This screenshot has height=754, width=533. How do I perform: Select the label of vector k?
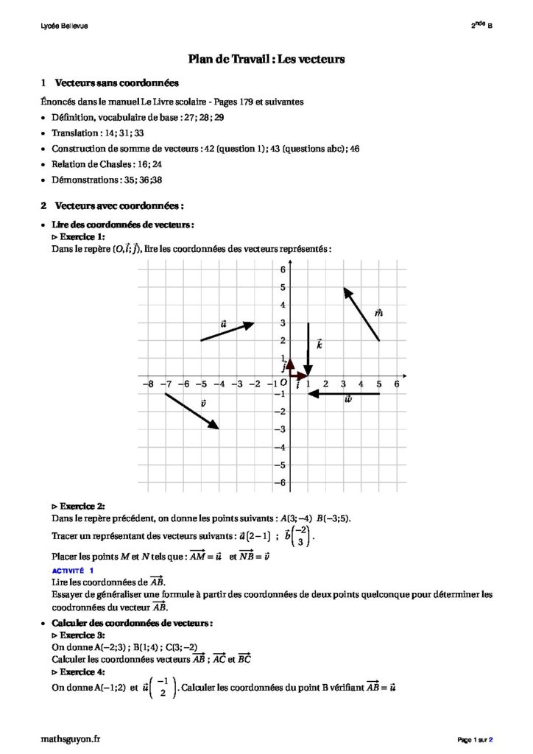coord(320,344)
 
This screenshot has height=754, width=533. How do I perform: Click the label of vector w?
coord(348,399)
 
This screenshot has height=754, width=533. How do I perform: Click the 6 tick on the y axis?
coord(281,270)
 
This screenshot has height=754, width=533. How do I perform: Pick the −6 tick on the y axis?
coord(280,483)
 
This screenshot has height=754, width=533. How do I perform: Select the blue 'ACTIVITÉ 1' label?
coord(73,571)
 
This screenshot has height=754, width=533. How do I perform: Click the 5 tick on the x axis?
coord(379,384)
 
